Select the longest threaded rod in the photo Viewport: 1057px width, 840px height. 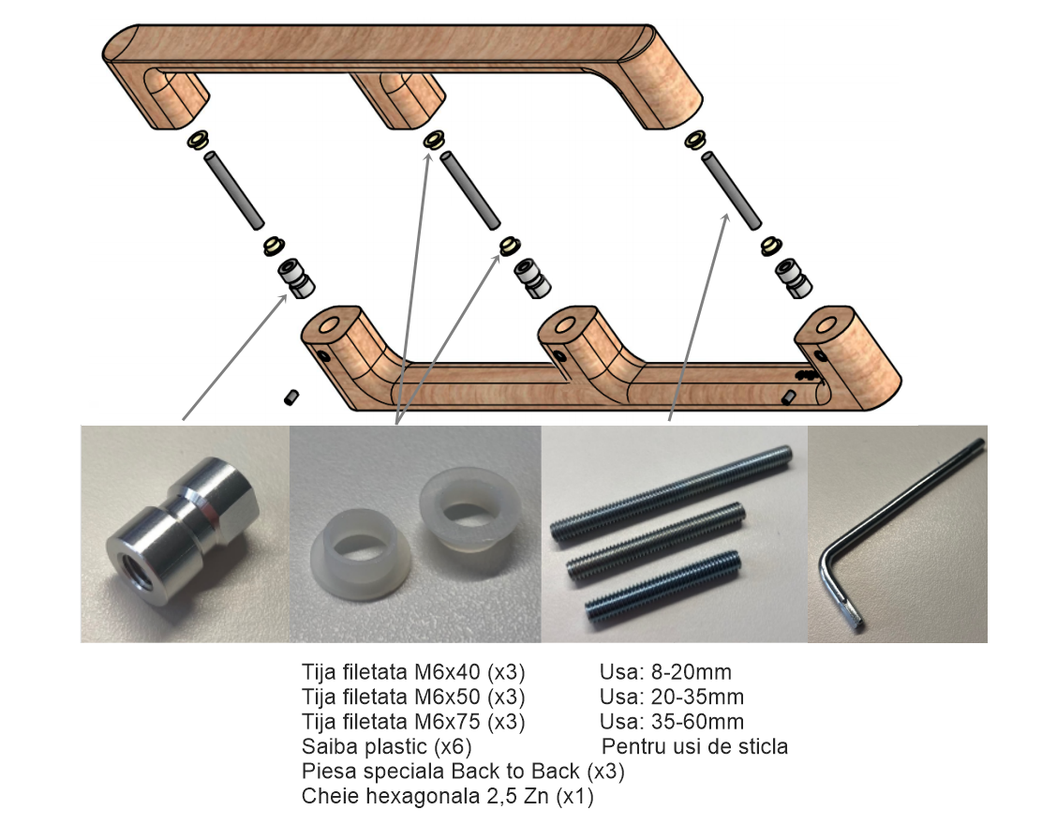click(672, 493)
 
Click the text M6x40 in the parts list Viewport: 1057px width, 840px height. click(446, 672)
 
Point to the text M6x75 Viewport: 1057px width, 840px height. click(446, 722)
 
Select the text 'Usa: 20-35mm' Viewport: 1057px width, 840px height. click(672, 697)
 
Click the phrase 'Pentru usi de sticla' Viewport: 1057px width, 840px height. click(694, 747)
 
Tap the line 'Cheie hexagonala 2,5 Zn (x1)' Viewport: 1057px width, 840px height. click(447, 796)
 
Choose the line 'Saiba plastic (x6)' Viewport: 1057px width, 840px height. click(386, 747)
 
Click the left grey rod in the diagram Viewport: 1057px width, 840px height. click(234, 190)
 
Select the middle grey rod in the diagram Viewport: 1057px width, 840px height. click(469, 190)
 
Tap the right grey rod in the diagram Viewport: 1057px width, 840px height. click(732, 190)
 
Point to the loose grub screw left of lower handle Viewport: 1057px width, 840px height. click(291, 397)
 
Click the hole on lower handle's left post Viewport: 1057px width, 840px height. click(330, 326)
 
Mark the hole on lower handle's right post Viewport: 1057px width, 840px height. click(826, 327)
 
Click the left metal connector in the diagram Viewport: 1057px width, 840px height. click(296, 277)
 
